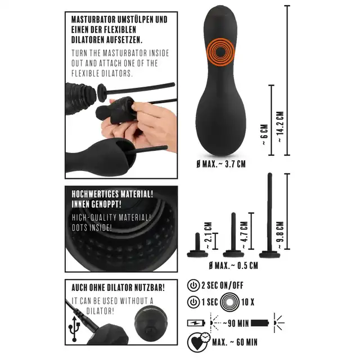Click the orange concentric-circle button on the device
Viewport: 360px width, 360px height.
pos(220,52)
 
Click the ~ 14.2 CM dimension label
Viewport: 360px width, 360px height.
pos(281,127)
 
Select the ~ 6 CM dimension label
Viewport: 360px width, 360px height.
pos(264,134)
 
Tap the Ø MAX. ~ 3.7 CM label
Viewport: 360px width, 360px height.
pos(221,164)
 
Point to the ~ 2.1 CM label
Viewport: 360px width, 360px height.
pos(208,235)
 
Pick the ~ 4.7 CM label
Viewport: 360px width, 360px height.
pos(245,235)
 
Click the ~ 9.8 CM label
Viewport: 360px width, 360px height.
pos(281,235)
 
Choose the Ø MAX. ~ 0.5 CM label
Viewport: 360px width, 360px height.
pos(233,265)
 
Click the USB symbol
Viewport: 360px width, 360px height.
pos(74,328)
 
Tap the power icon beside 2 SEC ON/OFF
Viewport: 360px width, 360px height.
pos(193,285)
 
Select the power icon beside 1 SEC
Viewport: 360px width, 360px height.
pos(193,302)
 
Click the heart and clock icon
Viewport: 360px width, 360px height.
pos(199,342)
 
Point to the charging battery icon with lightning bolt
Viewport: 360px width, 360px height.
pos(196,323)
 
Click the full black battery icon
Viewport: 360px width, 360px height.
pos(260,323)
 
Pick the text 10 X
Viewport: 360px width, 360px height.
pos(248,302)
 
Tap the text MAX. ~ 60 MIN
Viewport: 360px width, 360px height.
pos(235,343)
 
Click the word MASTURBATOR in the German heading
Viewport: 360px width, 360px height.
pos(93,20)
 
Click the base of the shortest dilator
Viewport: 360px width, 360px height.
pos(197,254)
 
